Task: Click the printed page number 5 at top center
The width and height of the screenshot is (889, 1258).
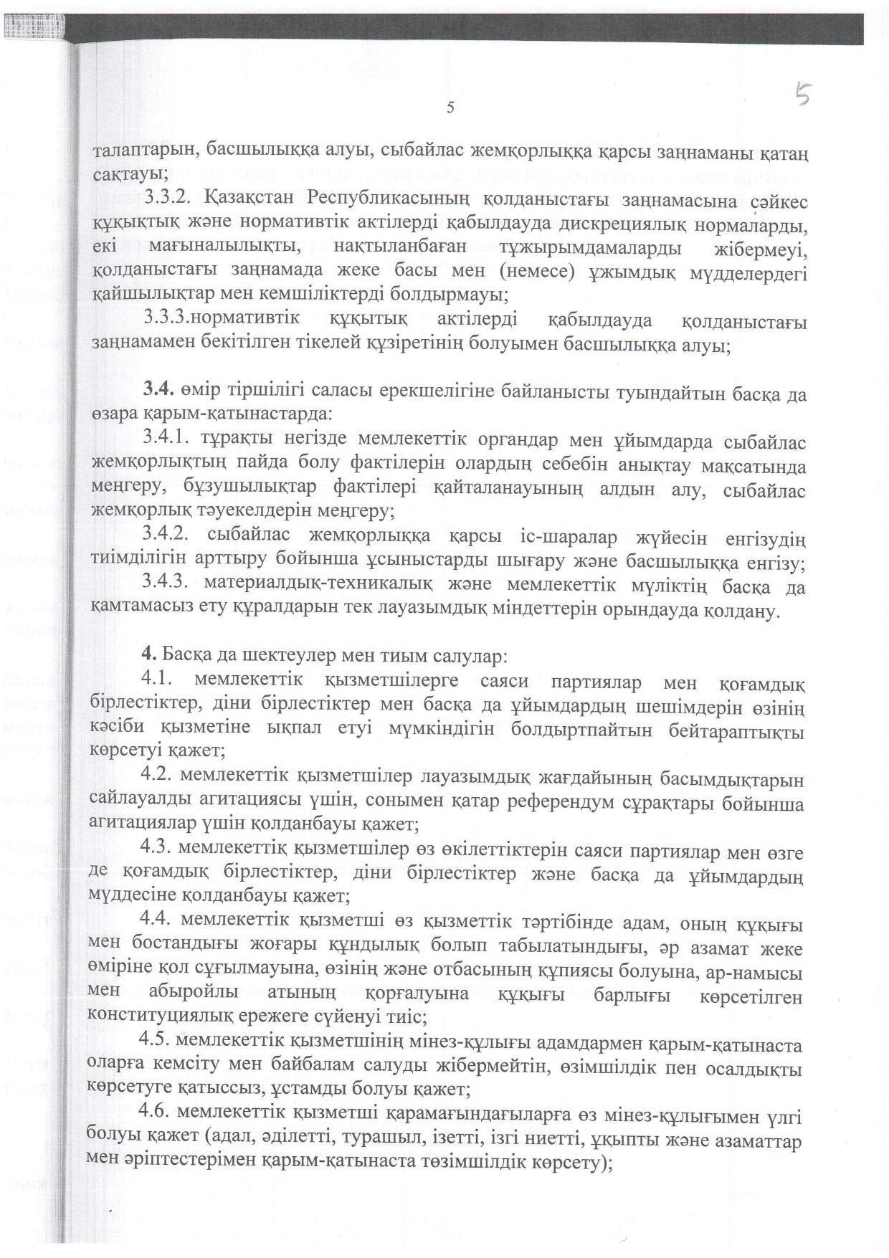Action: point(450,108)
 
